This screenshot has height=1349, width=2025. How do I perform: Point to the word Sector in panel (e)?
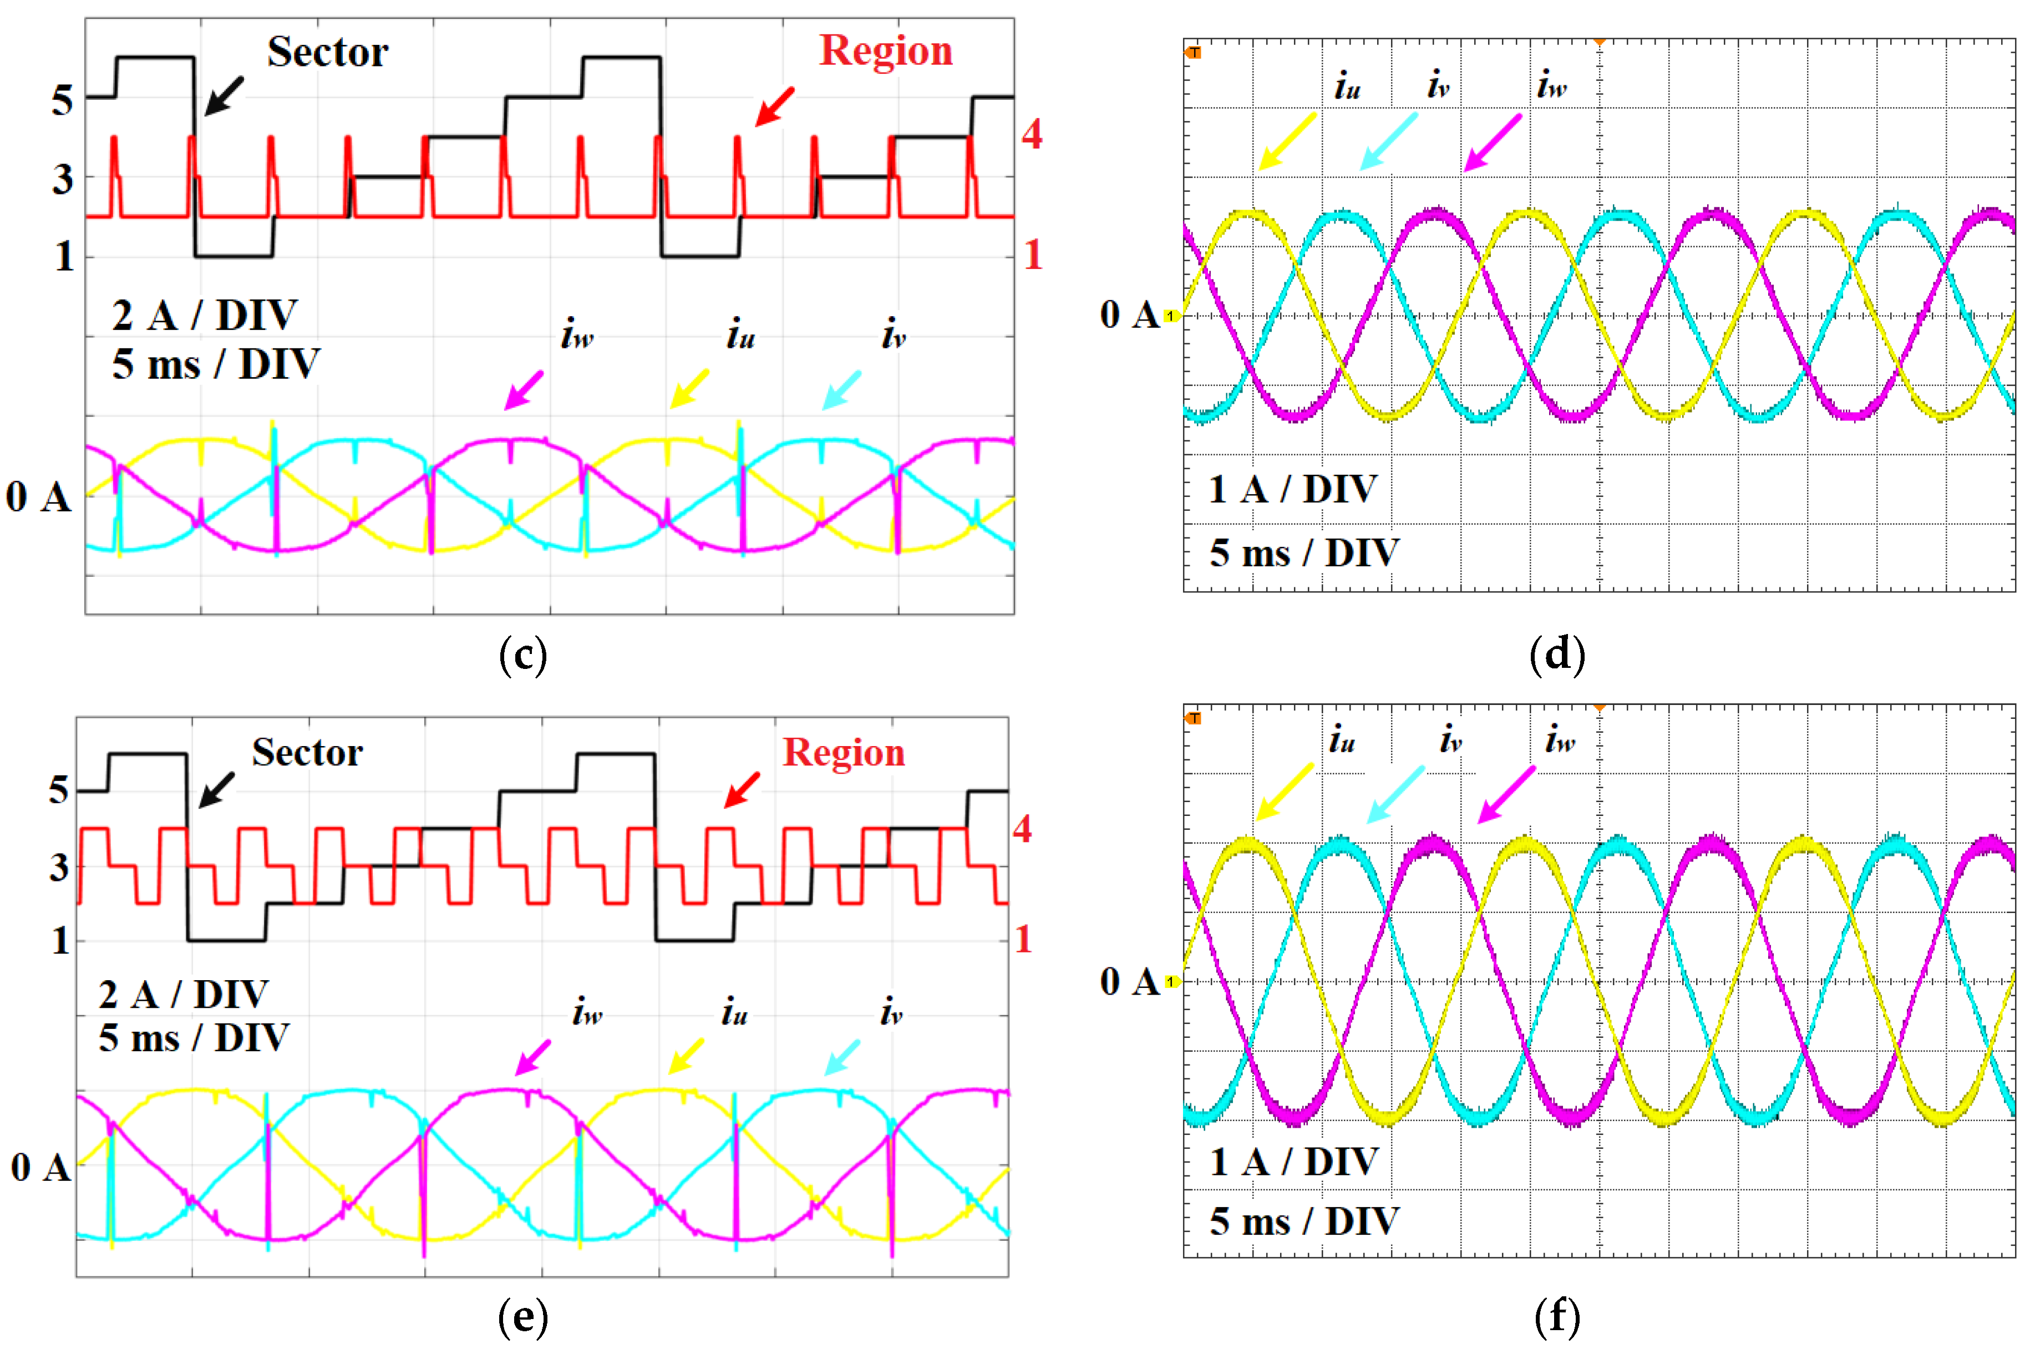pos(307,753)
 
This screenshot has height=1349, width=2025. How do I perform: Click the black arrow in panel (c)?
pos(224,95)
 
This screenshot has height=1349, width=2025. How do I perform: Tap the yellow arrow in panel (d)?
pos(1286,141)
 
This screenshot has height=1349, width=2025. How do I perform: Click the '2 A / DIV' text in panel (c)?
pos(205,316)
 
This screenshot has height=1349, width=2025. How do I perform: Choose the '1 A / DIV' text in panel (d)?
pos(1292,490)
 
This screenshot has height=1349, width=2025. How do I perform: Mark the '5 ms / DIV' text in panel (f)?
pos(1303,1221)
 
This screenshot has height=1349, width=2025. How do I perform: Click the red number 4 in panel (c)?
pos(1032,135)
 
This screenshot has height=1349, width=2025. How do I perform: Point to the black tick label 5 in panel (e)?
pos(58,790)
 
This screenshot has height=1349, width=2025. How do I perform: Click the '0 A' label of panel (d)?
pos(1129,315)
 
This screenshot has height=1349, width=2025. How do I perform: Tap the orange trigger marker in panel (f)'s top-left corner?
pos(1193,718)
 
